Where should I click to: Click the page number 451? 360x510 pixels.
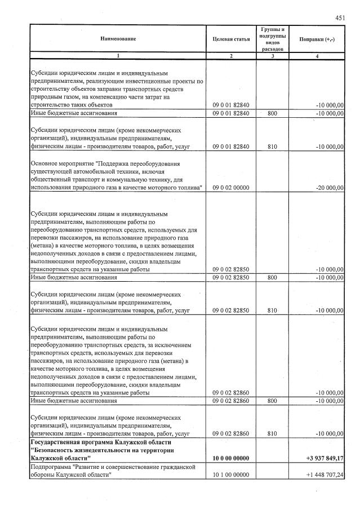340,17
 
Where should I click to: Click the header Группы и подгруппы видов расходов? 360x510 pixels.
273,38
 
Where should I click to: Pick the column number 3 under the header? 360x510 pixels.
273,56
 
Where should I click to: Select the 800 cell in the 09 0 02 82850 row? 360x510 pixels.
273,277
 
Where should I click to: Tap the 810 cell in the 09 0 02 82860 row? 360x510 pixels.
273,433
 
